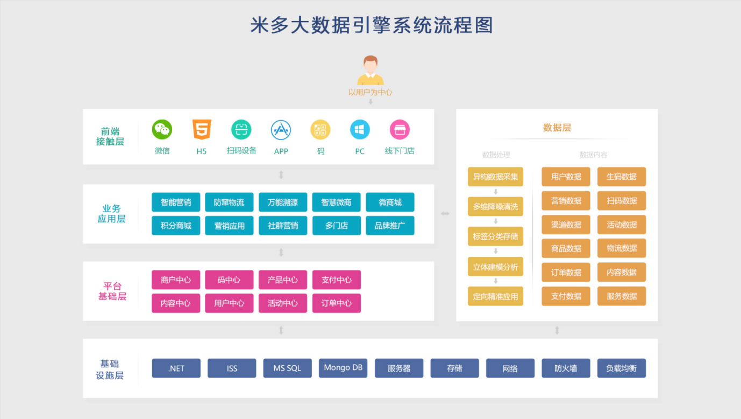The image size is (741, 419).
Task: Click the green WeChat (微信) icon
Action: pos(162,129)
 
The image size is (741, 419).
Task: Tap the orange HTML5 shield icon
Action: pos(202,129)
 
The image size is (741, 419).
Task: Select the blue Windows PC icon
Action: pos(360,129)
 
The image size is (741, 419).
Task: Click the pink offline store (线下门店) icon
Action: pos(400,129)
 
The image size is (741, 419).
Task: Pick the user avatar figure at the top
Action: pos(370,70)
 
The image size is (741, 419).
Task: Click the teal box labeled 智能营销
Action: pos(176,202)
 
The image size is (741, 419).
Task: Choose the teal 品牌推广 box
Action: pos(390,226)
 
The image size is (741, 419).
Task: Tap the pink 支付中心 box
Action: pos(337,280)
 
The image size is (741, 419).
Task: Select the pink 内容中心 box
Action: pos(176,303)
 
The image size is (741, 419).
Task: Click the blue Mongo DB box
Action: pos(343,368)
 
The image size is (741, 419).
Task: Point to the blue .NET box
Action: pos(176,368)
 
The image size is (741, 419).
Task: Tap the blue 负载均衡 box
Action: pos(621,368)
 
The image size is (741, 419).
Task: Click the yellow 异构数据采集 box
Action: pos(495,177)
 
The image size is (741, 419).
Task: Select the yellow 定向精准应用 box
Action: pos(495,296)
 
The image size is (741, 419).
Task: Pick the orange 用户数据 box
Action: pos(566,177)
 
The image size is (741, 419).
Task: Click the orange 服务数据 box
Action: pos(621,296)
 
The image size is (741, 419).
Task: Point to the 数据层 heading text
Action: pos(557,128)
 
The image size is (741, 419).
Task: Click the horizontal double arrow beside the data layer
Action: pos(445,214)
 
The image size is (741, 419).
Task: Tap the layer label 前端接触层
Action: pos(110,136)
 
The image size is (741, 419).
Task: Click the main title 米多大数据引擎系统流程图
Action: pos(372,25)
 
